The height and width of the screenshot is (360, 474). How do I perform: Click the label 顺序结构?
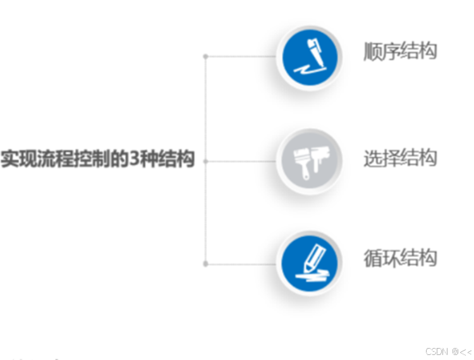click(400, 51)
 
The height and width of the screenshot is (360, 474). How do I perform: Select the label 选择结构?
click(400, 158)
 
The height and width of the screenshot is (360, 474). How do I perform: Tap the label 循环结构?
click(400, 258)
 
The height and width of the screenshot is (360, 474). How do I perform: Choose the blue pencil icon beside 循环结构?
click(310, 263)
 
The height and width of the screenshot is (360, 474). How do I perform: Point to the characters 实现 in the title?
click(18, 159)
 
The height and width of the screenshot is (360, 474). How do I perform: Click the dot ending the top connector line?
click(205, 57)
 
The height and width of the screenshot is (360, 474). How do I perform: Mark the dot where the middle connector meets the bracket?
click(205, 161)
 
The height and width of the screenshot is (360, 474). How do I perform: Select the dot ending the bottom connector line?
click(205, 263)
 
